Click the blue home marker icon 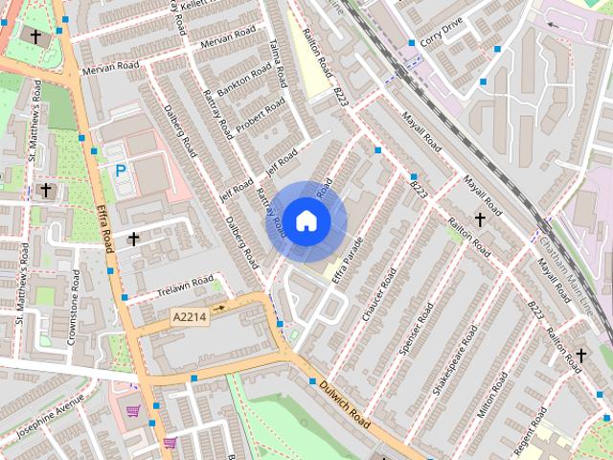pos(306,221)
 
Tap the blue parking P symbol pos(121,171)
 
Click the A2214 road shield pos(190,315)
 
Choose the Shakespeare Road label pos(455,360)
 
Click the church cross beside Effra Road pos(134,238)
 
